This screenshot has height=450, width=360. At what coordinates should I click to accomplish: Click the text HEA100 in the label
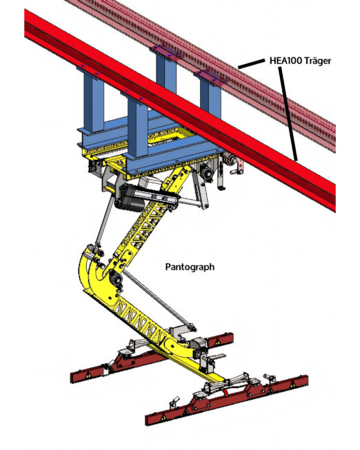tap(286, 61)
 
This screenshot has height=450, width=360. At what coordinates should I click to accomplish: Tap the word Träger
tap(317, 61)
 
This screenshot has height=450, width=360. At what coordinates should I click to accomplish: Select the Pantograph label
tap(190, 267)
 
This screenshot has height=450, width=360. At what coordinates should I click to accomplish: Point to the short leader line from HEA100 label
tap(251, 63)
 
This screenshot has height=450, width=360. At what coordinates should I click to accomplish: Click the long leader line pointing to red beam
tap(288, 115)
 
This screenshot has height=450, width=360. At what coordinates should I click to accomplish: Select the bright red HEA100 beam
tap(180, 110)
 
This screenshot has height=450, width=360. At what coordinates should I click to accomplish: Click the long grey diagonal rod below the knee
tap(159, 300)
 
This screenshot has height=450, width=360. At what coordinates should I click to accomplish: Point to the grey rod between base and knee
tap(103, 222)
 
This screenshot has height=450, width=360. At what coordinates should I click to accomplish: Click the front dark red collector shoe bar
tap(227, 400)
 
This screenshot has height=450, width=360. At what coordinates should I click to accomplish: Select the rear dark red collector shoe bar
tap(152, 358)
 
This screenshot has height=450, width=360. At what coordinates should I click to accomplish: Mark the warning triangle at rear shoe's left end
tap(88, 376)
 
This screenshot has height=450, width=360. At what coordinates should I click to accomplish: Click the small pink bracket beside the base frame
tap(239, 167)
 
